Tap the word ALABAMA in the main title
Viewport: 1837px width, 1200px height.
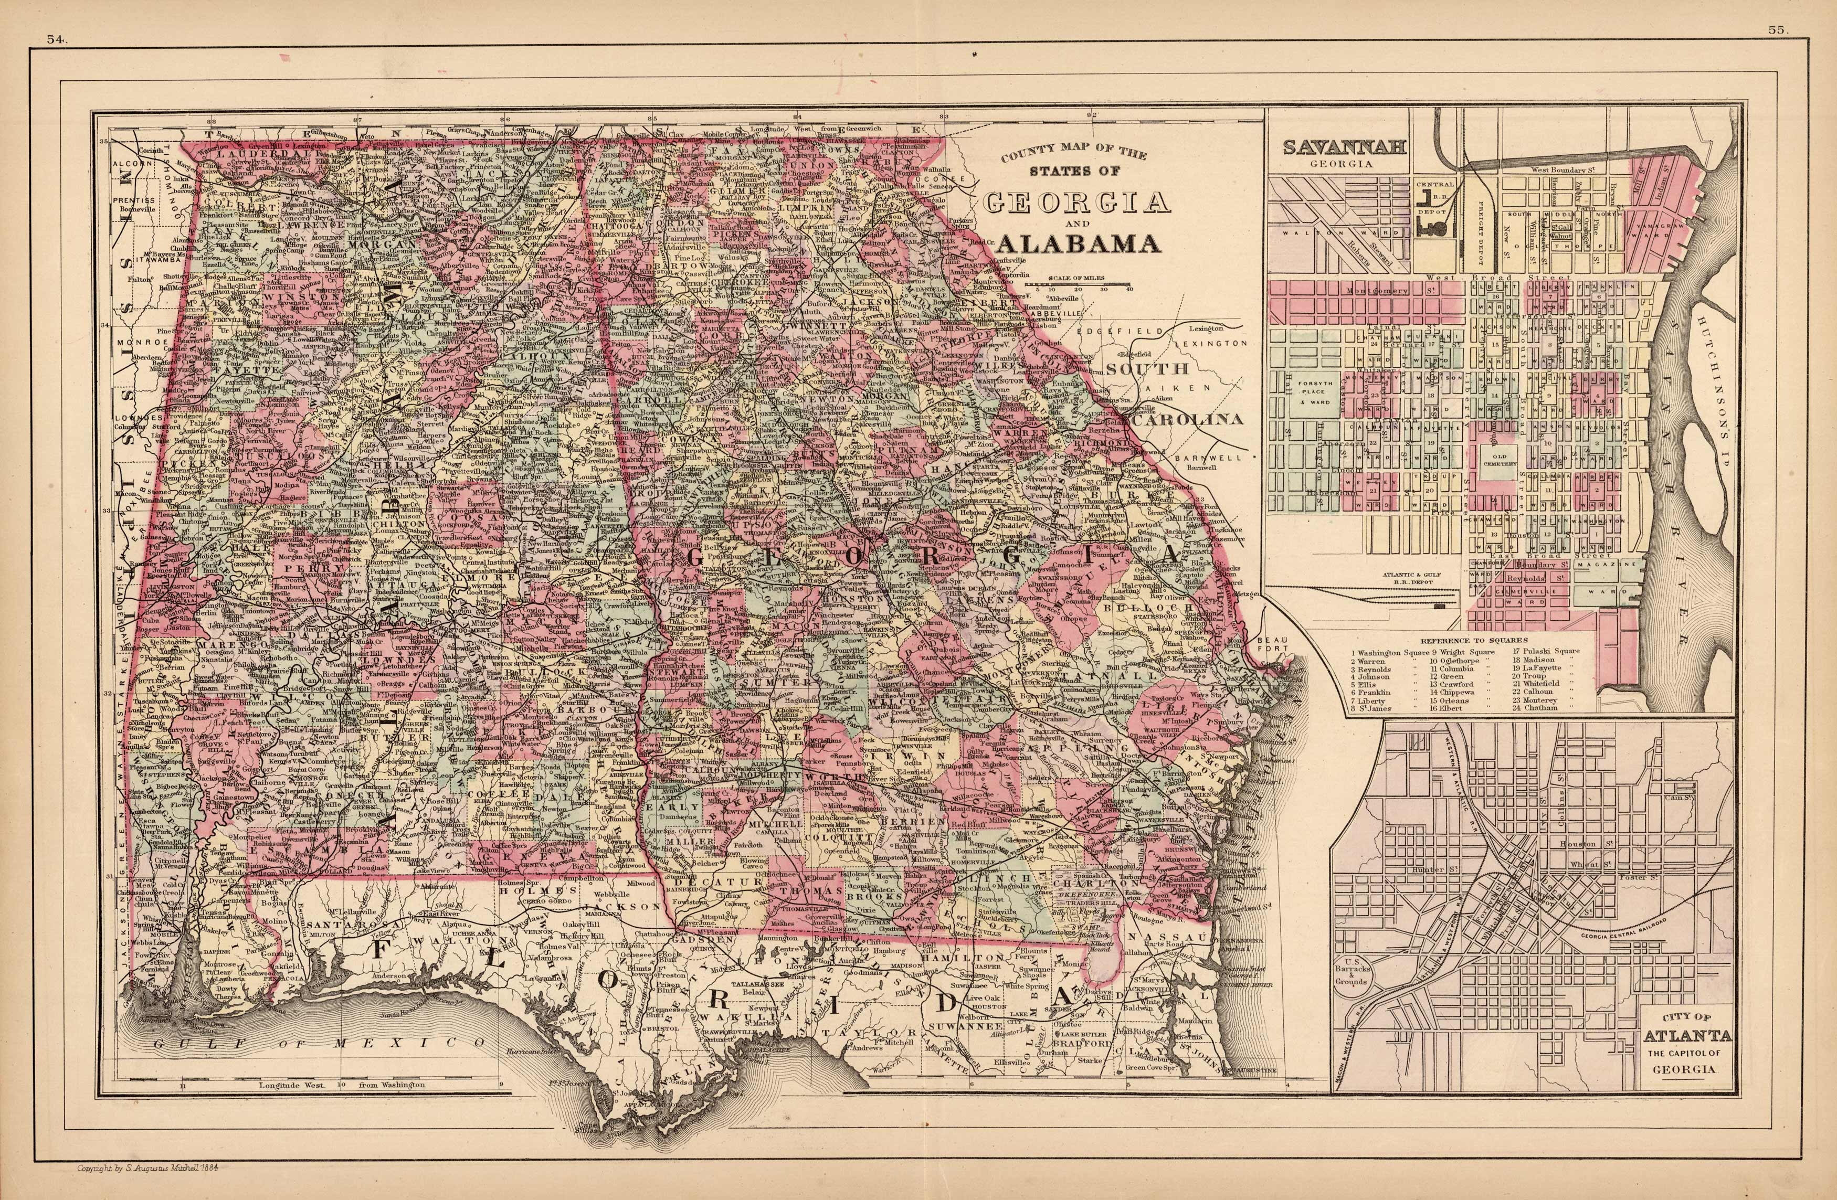pyautogui.click(x=1079, y=244)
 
